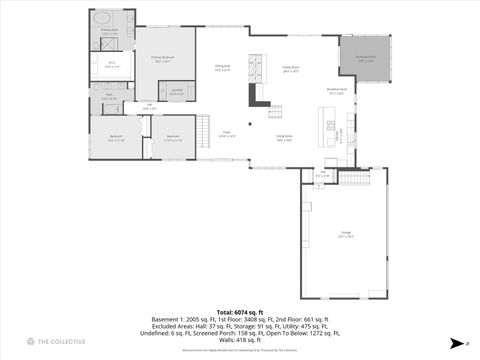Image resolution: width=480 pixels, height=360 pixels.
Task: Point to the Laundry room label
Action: [x=176, y=93]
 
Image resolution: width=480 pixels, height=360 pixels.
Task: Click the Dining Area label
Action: [x=222, y=68]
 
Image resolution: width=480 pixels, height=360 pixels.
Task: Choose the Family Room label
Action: [x=291, y=70]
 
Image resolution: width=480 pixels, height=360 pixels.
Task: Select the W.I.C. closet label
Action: [x=112, y=67]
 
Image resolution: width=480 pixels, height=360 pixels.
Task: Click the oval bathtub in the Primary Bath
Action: [x=102, y=19]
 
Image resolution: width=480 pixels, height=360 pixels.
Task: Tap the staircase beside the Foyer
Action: [x=204, y=128]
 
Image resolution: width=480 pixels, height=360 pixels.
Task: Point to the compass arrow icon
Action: [x=455, y=343]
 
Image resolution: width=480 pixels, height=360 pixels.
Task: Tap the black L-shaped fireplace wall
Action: [x=258, y=94]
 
